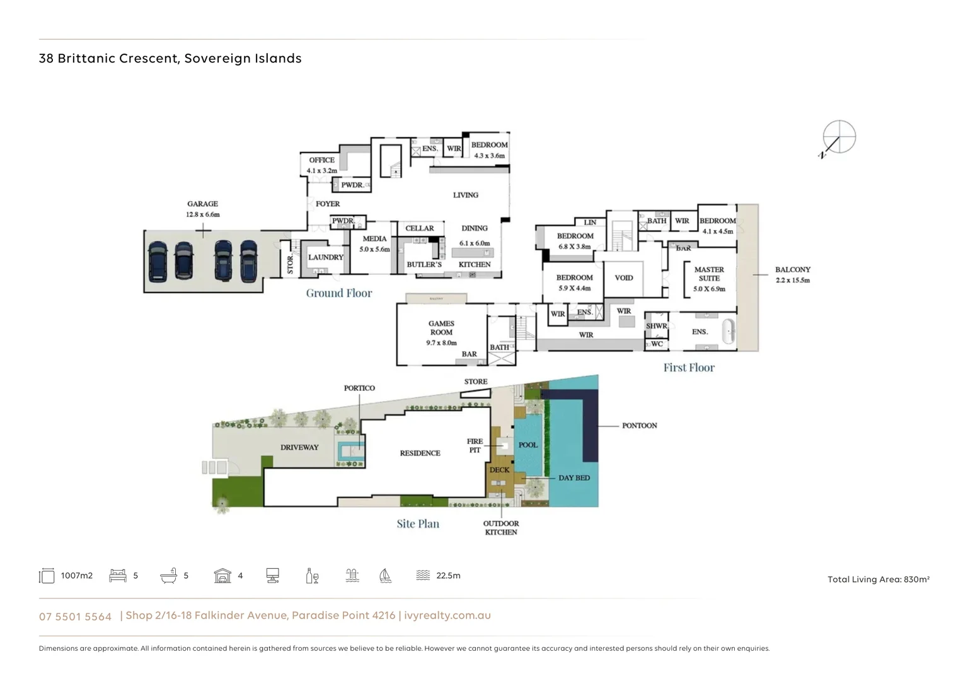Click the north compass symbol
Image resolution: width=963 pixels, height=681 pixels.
[x=838, y=137]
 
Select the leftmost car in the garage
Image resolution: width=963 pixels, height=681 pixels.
[x=158, y=261]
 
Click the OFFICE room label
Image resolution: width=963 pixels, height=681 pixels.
[x=321, y=160]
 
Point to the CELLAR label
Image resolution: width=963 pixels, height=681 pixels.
[x=419, y=228]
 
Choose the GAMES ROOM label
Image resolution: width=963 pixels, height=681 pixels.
[x=441, y=328]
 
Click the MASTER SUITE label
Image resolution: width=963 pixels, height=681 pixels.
[x=709, y=274]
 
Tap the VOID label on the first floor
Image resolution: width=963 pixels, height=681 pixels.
[x=623, y=277]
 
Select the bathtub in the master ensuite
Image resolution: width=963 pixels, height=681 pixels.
[x=728, y=331]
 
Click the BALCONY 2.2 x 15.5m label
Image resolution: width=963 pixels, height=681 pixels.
[x=792, y=274]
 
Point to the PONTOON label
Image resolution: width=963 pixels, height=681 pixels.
[x=639, y=426]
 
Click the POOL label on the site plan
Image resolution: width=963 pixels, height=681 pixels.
[x=528, y=445]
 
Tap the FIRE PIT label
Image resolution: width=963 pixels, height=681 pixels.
[x=475, y=445]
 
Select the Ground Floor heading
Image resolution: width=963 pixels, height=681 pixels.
[x=339, y=293]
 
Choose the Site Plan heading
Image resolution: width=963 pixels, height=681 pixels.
[x=418, y=523]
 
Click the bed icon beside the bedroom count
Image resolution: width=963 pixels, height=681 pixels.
[x=118, y=576]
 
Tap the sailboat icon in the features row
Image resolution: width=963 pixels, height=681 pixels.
[x=385, y=576]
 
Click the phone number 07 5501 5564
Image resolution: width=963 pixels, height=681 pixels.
[x=75, y=616]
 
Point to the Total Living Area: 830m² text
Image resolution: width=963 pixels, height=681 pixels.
[x=878, y=579]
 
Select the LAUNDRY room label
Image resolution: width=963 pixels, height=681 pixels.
[x=325, y=257]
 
